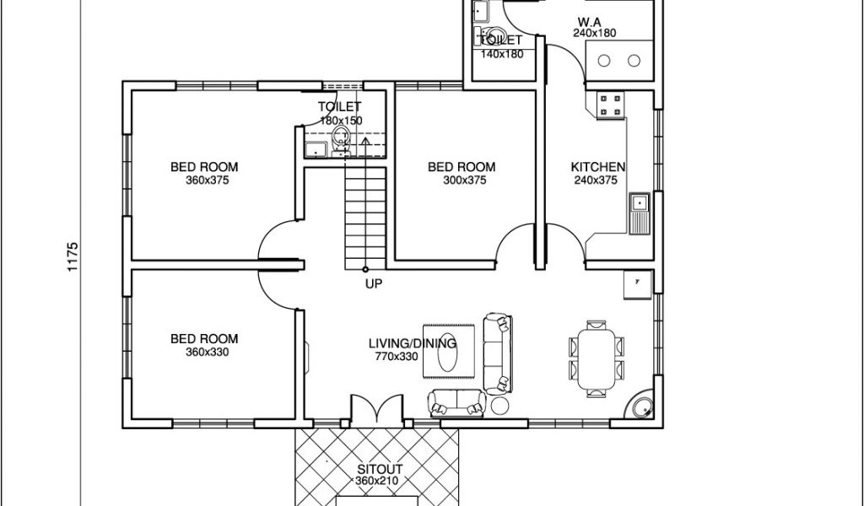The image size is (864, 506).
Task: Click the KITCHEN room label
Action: tap(598, 167)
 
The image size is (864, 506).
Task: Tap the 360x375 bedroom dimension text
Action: tap(208, 180)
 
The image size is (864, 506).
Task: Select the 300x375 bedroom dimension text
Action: tap(465, 180)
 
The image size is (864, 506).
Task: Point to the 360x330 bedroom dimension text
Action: tap(208, 352)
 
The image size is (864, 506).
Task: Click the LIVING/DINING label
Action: tap(413, 343)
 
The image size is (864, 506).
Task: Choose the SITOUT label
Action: tap(380, 469)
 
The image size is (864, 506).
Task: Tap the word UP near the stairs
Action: tap(374, 283)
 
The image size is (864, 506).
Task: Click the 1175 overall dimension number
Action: tap(73, 256)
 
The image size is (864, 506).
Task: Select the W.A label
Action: tap(589, 22)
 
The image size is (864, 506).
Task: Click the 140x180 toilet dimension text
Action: tap(501, 54)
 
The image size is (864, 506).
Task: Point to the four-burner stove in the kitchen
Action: tap(611, 105)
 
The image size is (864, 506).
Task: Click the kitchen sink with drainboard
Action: tap(640, 213)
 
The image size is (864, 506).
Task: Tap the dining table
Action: tap(597, 358)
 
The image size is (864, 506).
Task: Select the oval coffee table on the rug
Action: tap(447, 352)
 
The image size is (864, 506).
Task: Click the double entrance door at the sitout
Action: tap(377, 410)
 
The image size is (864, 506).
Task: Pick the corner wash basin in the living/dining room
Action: tap(642, 408)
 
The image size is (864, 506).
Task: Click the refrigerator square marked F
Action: tap(638, 284)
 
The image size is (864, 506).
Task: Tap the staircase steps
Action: tap(365, 218)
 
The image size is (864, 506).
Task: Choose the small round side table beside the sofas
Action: tap(500, 406)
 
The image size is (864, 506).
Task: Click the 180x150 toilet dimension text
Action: tap(341, 121)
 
